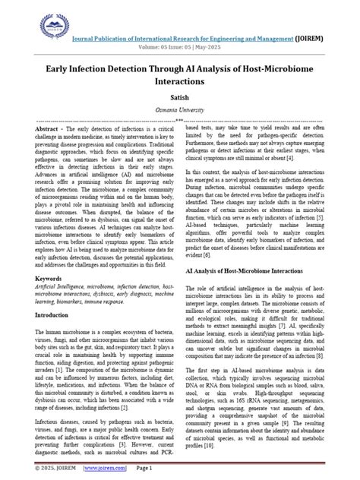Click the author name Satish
point(179,97)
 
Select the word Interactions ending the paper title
point(179,81)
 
